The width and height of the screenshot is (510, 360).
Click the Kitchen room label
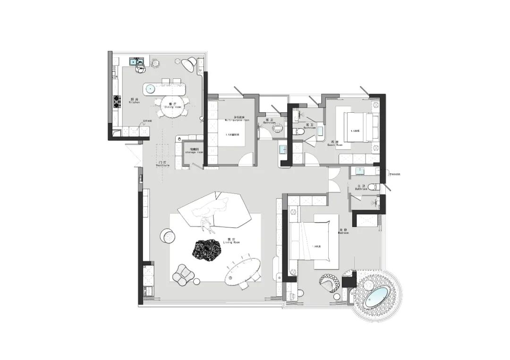pos(134,101)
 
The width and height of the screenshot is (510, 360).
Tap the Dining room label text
pos(172,106)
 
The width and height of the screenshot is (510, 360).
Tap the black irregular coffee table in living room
pos(206,251)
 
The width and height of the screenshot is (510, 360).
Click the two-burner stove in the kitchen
pos(116,102)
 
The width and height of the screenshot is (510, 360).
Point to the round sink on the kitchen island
pos(150,88)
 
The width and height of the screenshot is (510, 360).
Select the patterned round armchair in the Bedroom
pos(330,283)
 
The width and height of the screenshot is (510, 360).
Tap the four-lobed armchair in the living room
pos(184,275)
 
